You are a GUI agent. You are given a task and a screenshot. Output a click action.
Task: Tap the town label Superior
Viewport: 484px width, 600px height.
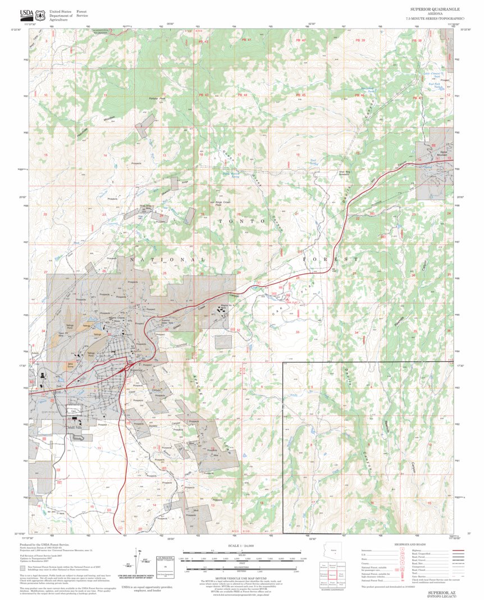tap(137, 370)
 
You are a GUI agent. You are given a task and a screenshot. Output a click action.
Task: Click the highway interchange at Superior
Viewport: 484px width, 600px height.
tap(125, 369)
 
